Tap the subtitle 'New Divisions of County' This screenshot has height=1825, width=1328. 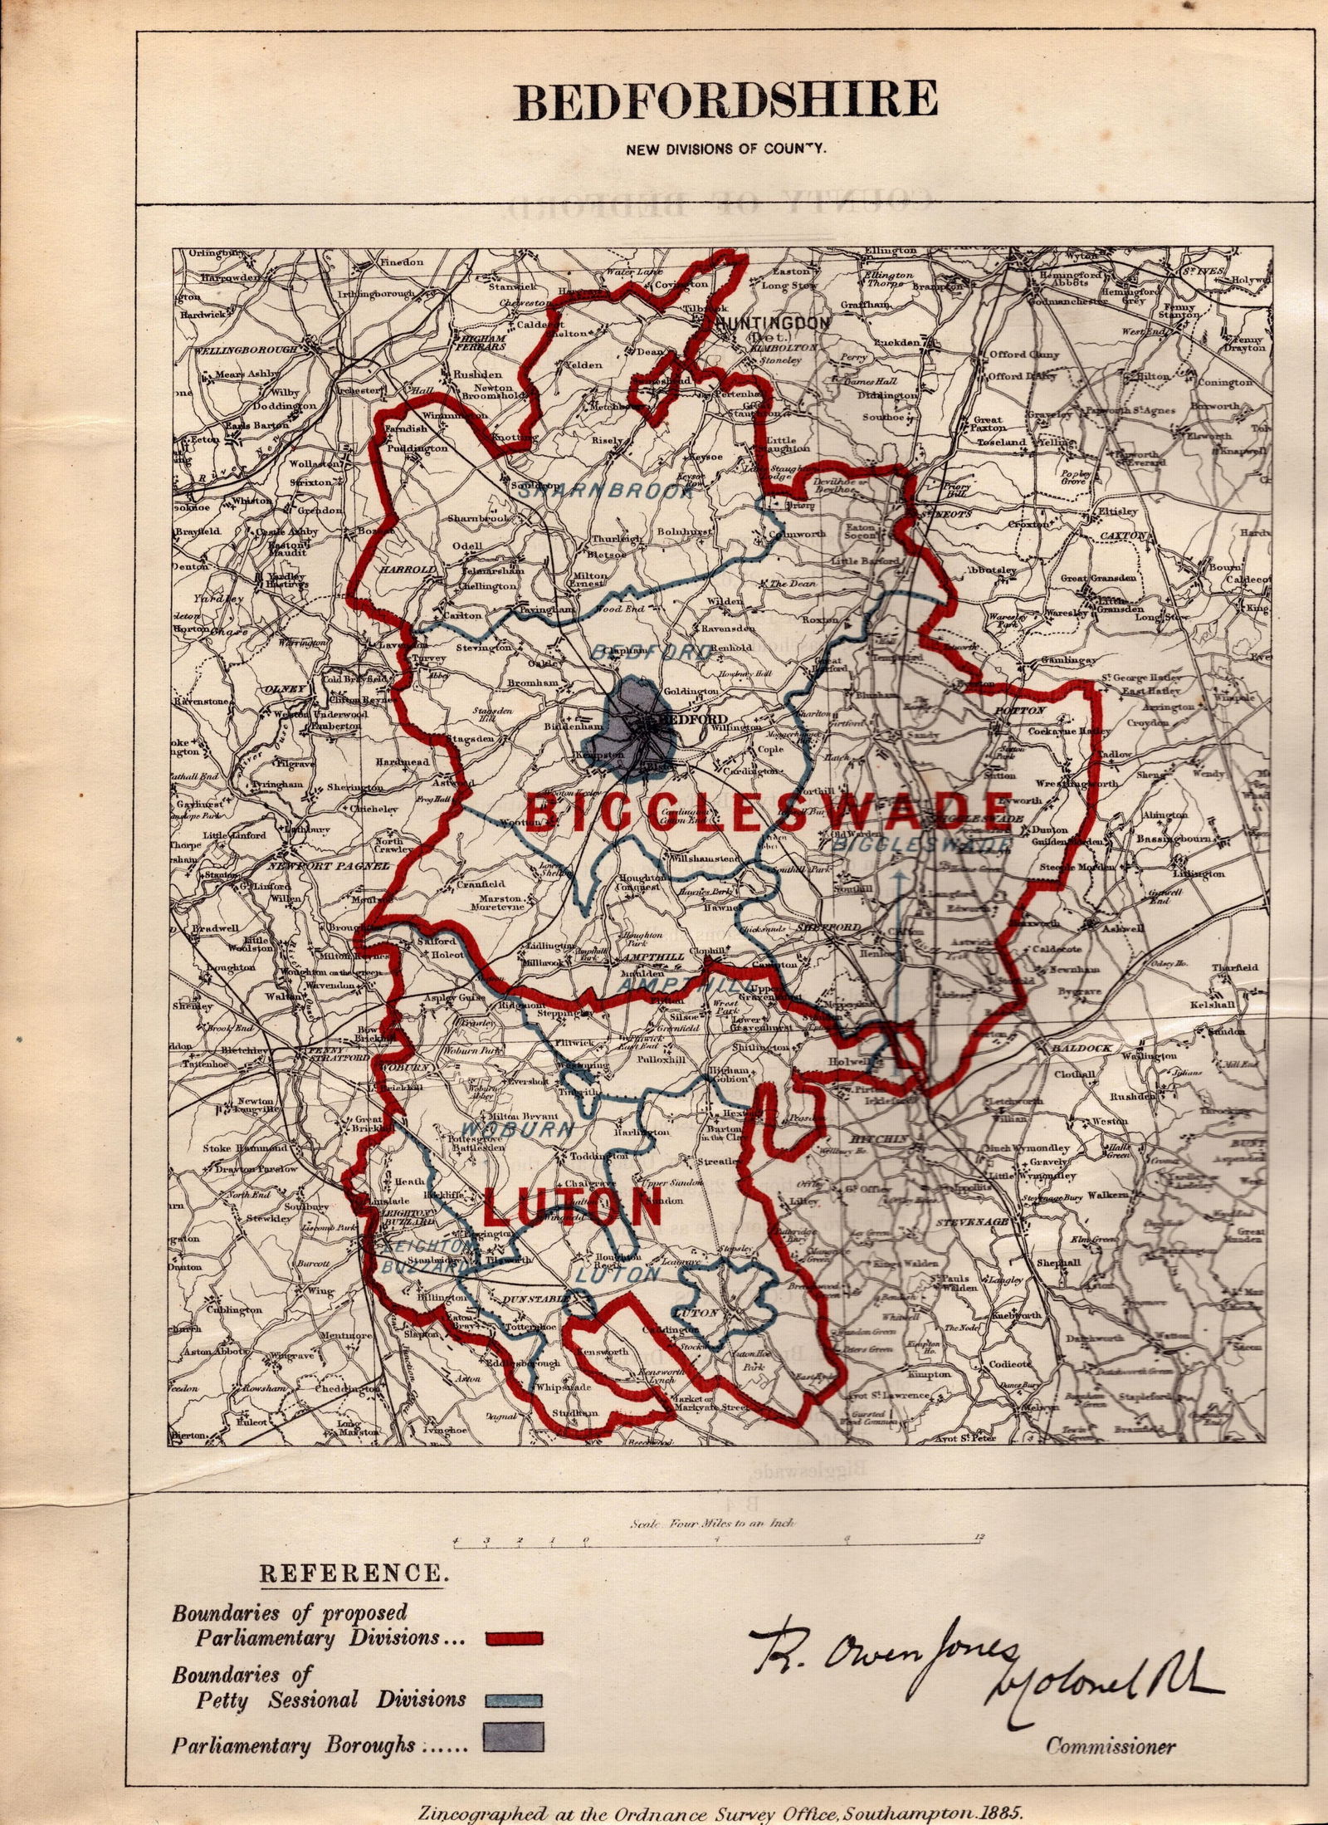coord(726,150)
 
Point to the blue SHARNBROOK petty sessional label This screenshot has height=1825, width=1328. coord(606,491)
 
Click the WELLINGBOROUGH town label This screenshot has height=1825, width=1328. coord(245,350)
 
